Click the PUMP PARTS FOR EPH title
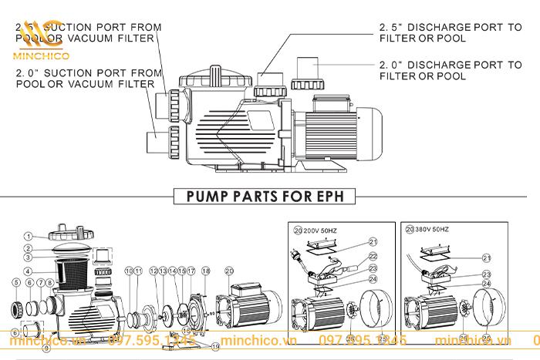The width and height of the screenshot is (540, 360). pos(270,196)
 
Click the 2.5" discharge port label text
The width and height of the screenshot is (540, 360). pos(451,32)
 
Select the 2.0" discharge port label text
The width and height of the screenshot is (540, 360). pos(451,70)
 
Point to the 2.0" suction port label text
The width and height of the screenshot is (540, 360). pos(89,78)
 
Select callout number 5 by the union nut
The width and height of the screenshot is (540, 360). pos(16,283)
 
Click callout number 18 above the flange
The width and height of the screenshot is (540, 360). pos(206,271)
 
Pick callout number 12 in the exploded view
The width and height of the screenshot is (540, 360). pos(154,271)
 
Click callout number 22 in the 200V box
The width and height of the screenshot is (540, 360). pos(372,256)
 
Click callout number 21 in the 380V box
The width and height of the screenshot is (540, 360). pos(486,257)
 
